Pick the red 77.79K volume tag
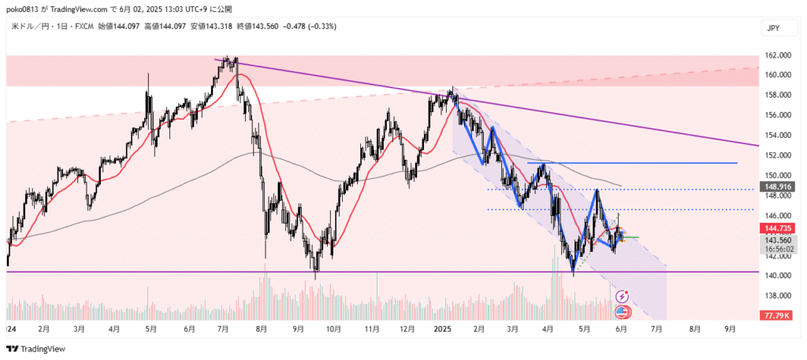coord(776,315)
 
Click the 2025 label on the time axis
coord(442,328)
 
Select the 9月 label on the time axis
coord(729,328)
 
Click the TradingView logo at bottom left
coord(36,348)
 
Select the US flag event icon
coord(622,311)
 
